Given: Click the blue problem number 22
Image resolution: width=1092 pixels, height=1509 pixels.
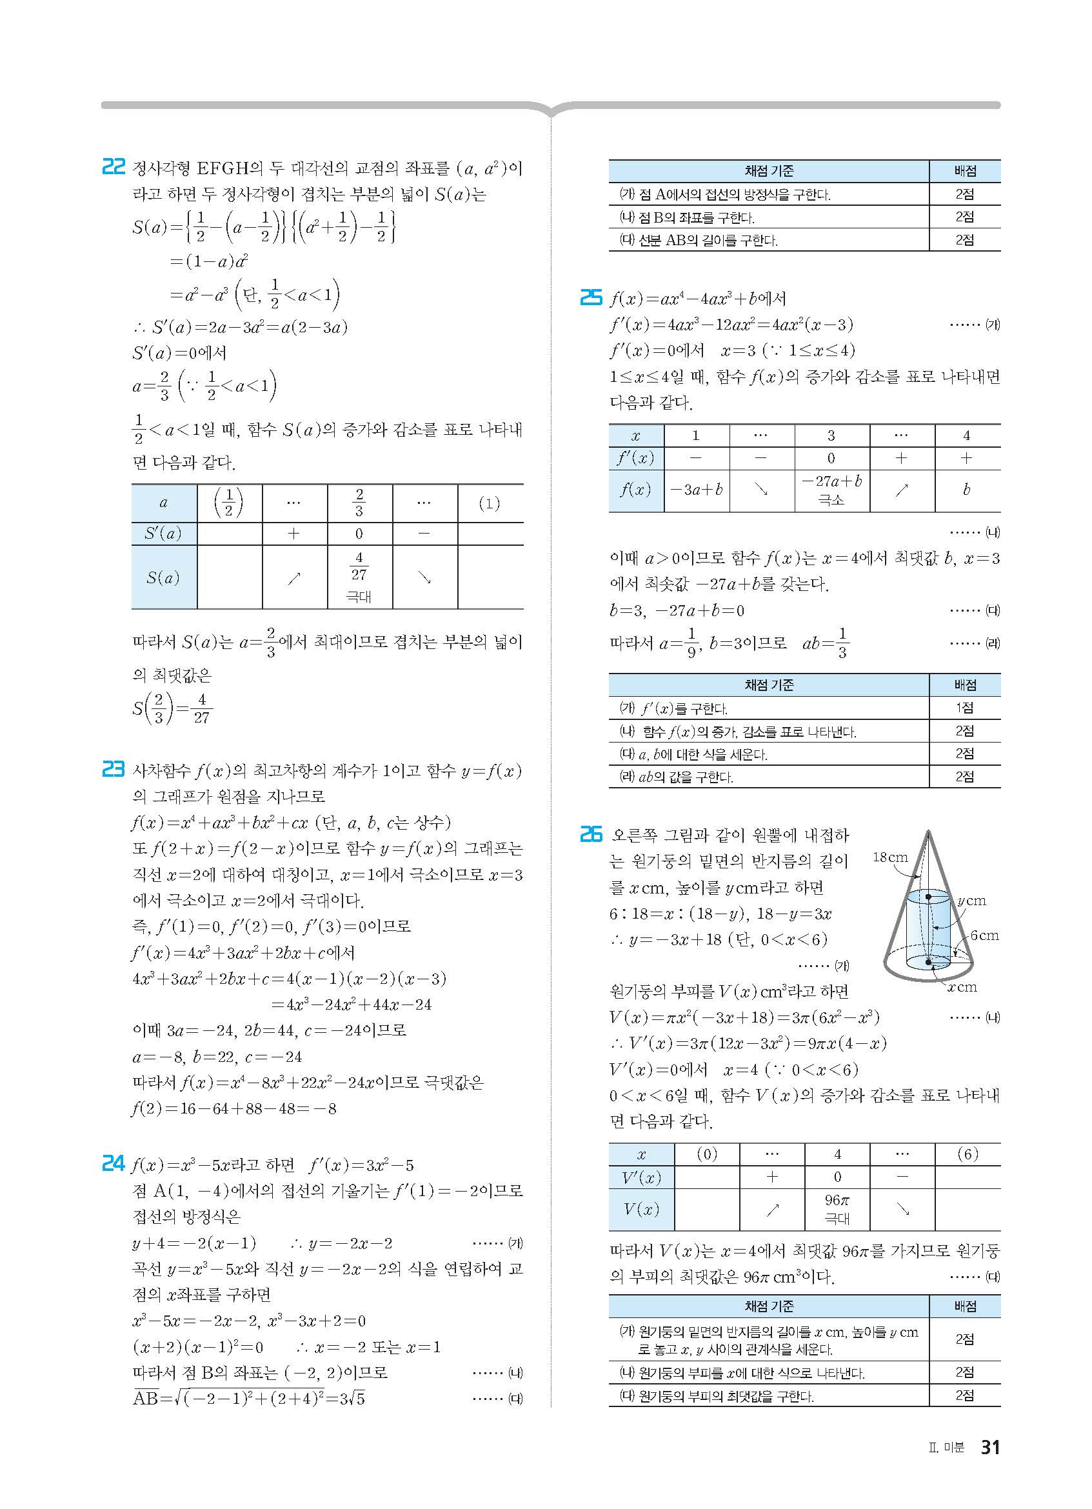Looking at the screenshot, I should pos(113,166).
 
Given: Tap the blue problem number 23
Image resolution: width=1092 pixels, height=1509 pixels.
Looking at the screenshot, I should pos(113,770).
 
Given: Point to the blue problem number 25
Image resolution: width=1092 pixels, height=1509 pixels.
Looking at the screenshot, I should pos(591,297).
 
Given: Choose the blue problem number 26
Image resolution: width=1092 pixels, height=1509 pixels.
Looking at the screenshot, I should pos(591,834).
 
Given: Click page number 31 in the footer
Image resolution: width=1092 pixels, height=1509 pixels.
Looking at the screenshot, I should pos(990,1447).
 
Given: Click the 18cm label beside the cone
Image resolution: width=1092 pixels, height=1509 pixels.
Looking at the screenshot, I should pos(890,857).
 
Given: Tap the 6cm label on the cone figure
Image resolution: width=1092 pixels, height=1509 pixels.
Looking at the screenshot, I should pos(984,935).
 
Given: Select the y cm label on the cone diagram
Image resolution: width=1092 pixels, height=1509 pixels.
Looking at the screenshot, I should pos(971,901).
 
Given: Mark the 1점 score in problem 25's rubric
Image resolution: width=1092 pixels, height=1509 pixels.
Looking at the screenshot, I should pos(964,708).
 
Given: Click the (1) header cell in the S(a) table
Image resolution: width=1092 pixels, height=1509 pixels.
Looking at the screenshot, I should pos(490,503).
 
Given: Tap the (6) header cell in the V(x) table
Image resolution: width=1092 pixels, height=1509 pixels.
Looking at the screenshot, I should pos(967,1154).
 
